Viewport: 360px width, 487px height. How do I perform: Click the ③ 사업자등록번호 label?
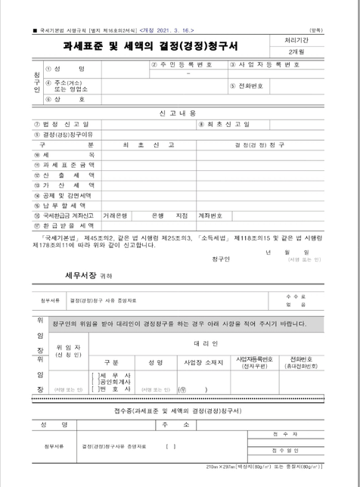point(265,65)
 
